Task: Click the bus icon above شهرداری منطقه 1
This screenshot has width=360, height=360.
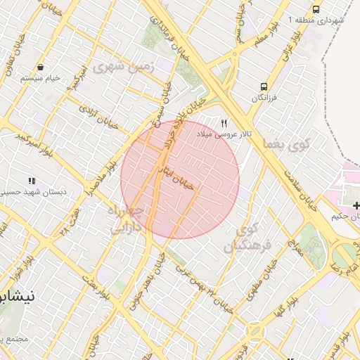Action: (316, 10)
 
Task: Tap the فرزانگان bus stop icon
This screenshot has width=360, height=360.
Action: (262, 87)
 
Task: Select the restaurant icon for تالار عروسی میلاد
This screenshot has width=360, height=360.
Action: (224, 122)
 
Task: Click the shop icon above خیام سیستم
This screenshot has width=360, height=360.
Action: (41, 67)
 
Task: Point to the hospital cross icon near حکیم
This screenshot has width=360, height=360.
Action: (357, 205)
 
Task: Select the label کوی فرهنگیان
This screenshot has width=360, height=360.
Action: (243, 238)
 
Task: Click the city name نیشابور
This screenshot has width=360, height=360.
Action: (18, 297)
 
